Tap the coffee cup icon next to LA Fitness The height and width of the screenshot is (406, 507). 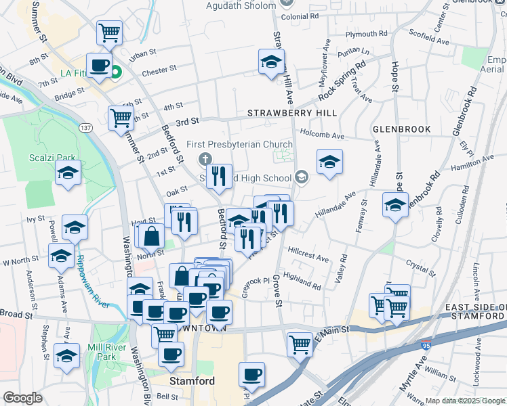coord(99,66)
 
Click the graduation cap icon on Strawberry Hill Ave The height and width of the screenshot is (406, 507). coord(271,62)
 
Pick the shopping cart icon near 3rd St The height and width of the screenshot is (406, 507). coord(121,117)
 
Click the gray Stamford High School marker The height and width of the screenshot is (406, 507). coord(301,178)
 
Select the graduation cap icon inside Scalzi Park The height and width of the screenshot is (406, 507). coord(68,173)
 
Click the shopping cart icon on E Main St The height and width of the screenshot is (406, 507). coord(299,344)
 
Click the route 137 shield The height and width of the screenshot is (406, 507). coord(85,127)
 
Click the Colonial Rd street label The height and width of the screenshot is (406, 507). coord(300,16)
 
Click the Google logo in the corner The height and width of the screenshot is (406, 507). coord(22,397)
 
